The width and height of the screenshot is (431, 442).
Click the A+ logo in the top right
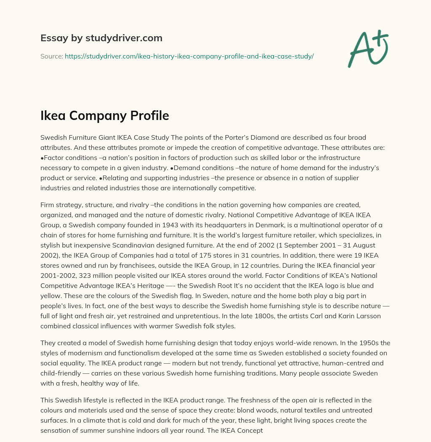[367, 48]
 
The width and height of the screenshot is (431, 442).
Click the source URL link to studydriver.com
[189, 56]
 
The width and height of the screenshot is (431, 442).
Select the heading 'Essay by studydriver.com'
[101, 38]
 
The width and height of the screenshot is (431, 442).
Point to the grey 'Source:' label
[51, 56]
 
